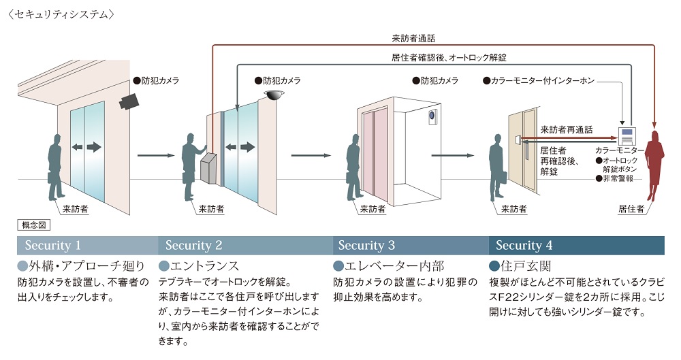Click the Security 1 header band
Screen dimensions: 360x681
[x=87, y=245]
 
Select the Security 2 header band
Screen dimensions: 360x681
[x=245, y=245]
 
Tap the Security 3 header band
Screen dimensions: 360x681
[x=411, y=245]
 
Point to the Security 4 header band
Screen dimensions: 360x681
[x=576, y=245]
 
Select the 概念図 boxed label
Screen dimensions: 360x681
[x=31, y=225]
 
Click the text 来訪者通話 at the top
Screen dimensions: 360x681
[x=413, y=39]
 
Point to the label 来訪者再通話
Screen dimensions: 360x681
[x=566, y=129]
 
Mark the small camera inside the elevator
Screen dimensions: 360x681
[x=432, y=117]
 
